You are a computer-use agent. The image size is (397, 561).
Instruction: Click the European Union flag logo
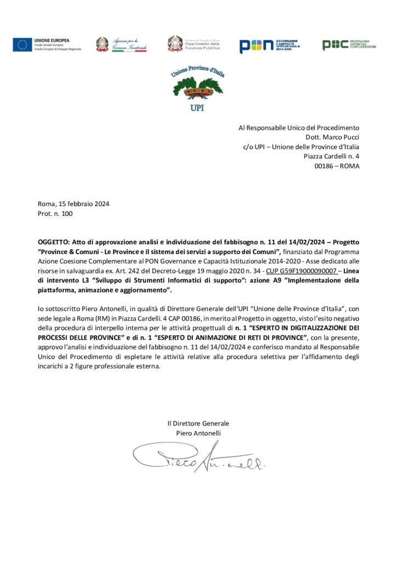tap(22, 45)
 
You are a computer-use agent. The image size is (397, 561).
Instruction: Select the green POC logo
tap(335, 45)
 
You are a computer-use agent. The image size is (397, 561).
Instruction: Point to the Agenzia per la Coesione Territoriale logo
tap(121, 44)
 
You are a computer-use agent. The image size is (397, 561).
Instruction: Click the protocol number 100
tap(67, 214)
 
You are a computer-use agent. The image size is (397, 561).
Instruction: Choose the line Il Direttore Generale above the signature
tap(198, 423)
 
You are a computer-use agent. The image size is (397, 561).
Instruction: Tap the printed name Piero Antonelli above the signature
tap(198, 433)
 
